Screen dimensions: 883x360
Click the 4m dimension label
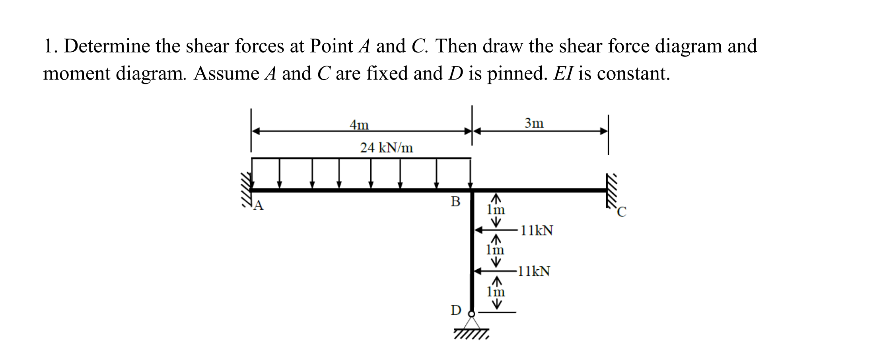[x=359, y=125]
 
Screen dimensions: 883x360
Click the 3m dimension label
[x=534, y=123]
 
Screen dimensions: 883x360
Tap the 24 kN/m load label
[x=386, y=148]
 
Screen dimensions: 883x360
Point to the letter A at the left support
[x=259, y=205]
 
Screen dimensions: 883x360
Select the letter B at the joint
[x=455, y=201]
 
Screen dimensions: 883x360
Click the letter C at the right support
[x=621, y=212]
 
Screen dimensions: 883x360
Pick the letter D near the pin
[x=456, y=310]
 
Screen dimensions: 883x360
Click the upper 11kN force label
[x=537, y=230]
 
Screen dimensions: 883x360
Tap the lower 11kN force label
[x=534, y=271]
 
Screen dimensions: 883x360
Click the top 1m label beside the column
[x=496, y=209]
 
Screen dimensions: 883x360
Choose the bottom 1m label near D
[x=496, y=292]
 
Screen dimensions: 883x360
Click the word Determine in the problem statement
[x=106, y=46]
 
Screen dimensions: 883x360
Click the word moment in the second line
[x=76, y=74]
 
